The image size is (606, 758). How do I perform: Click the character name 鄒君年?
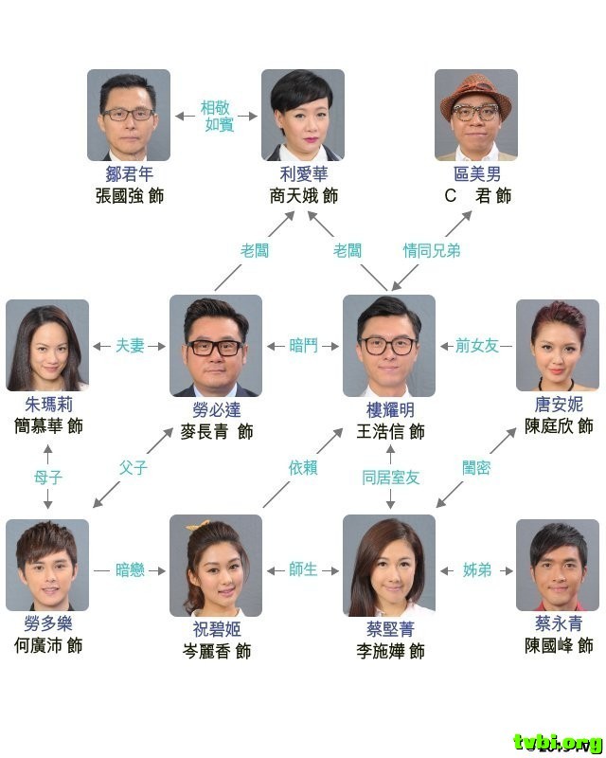tap(129, 174)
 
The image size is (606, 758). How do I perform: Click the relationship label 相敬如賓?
tap(220, 116)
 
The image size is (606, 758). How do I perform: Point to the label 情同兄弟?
tap(431, 251)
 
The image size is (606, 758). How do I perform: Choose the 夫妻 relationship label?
tap(130, 346)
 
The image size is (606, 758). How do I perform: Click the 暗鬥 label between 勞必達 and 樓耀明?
tap(303, 346)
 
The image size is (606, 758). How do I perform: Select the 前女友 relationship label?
tap(476, 346)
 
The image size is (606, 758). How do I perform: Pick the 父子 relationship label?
tap(134, 467)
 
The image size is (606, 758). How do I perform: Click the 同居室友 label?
tap(390, 478)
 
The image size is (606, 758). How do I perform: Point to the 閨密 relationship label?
tap(476, 467)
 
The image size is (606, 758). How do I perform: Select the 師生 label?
tap(303, 569)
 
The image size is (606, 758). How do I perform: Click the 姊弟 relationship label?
tap(476, 569)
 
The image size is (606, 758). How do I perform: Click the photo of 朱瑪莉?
tap(47, 345)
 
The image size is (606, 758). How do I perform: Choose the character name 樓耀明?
tap(389, 410)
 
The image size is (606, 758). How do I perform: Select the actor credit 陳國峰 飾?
tap(559, 645)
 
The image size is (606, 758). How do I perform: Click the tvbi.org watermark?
tap(558, 742)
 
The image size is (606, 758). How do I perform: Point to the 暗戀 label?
tap(130, 569)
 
